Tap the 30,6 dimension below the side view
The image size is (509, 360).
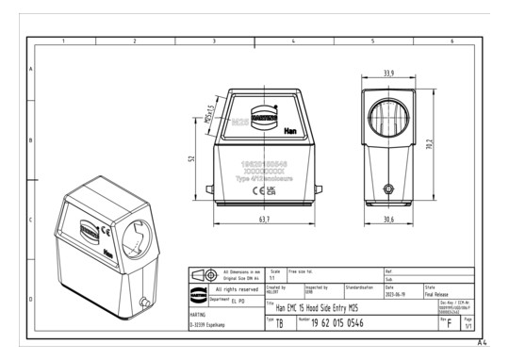coord(388,220)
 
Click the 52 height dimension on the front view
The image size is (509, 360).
coord(192,158)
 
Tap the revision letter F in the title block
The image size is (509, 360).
coord(452,323)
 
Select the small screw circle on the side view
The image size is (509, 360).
coord(388,187)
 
